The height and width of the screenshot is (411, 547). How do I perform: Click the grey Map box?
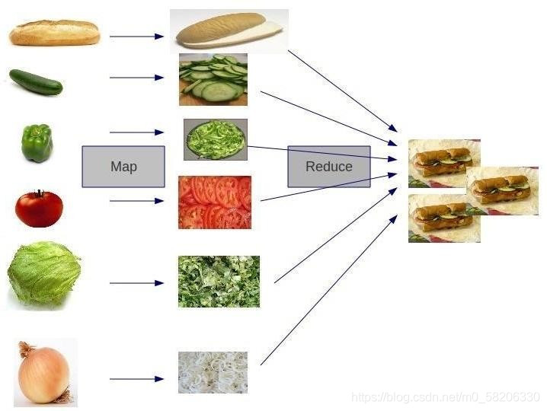pyautogui.click(x=123, y=166)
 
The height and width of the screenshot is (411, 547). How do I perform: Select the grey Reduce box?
pyautogui.click(x=328, y=166)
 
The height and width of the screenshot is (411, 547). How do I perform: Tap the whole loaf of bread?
pyautogui.click(x=54, y=33)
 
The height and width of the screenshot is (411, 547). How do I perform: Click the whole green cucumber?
pyautogui.click(x=35, y=81)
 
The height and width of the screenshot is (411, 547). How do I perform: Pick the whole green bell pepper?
pyautogui.click(x=37, y=143)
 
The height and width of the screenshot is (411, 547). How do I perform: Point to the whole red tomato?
pyautogui.click(x=39, y=208)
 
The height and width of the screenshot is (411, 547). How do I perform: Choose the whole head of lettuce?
pyautogui.click(x=43, y=274)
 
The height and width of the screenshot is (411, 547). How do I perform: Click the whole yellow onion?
pyautogui.click(x=45, y=373)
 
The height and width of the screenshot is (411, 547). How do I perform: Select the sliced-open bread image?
pyautogui.click(x=229, y=31)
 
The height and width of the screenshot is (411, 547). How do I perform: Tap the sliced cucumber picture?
pyautogui.click(x=213, y=79)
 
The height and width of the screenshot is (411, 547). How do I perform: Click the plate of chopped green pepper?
pyautogui.click(x=215, y=139)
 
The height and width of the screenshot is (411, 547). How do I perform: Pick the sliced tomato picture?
pyautogui.click(x=214, y=202)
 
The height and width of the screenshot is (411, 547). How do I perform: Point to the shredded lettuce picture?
pyautogui.click(x=219, y=282)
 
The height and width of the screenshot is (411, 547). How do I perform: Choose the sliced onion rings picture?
pyautogui.click(x=213, y=371)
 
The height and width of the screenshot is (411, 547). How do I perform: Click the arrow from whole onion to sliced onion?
pyautogui.click(x=136, y=378)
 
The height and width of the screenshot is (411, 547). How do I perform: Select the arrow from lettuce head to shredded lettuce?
pyautogui.click(x=136, y=283)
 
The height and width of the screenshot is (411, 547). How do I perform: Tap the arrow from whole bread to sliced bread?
pyautogui.click(x=136, y=36)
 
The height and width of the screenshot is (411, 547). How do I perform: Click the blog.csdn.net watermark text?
pyautogui.click(x=446, y=397)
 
